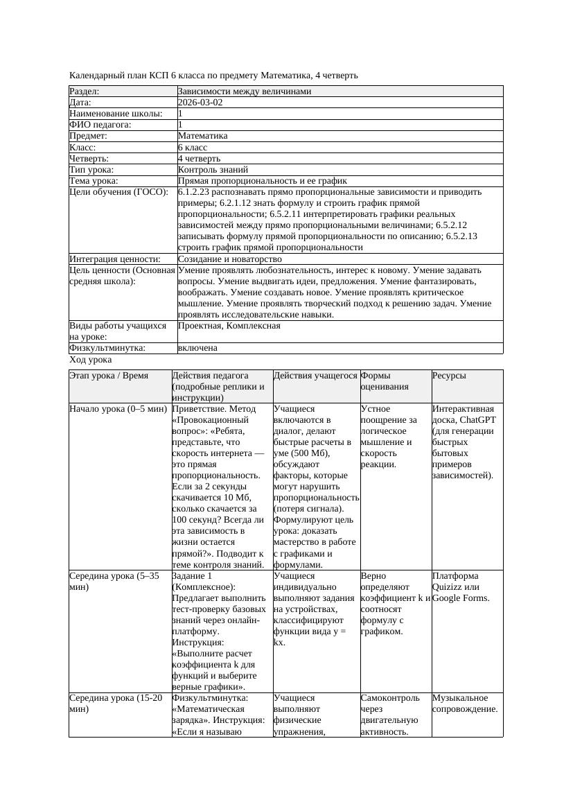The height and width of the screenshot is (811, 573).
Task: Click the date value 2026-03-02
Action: coord(200,103)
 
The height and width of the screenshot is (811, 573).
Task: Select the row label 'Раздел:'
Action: coord(85,91)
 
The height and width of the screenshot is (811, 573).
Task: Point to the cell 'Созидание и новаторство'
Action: coord(226,259)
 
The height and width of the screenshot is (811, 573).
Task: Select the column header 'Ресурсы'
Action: coord(449,376)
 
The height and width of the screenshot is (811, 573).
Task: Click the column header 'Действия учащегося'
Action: coord(315,376)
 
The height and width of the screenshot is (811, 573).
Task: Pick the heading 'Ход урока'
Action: coord(91,360)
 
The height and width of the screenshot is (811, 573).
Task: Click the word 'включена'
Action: coord(197,349)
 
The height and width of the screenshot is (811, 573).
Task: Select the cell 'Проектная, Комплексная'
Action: coord(229,326)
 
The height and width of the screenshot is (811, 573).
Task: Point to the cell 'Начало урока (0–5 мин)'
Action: coord(118,409)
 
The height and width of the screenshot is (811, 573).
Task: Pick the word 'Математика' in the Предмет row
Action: coord(202,137)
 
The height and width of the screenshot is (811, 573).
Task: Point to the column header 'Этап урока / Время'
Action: coord(109,376)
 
